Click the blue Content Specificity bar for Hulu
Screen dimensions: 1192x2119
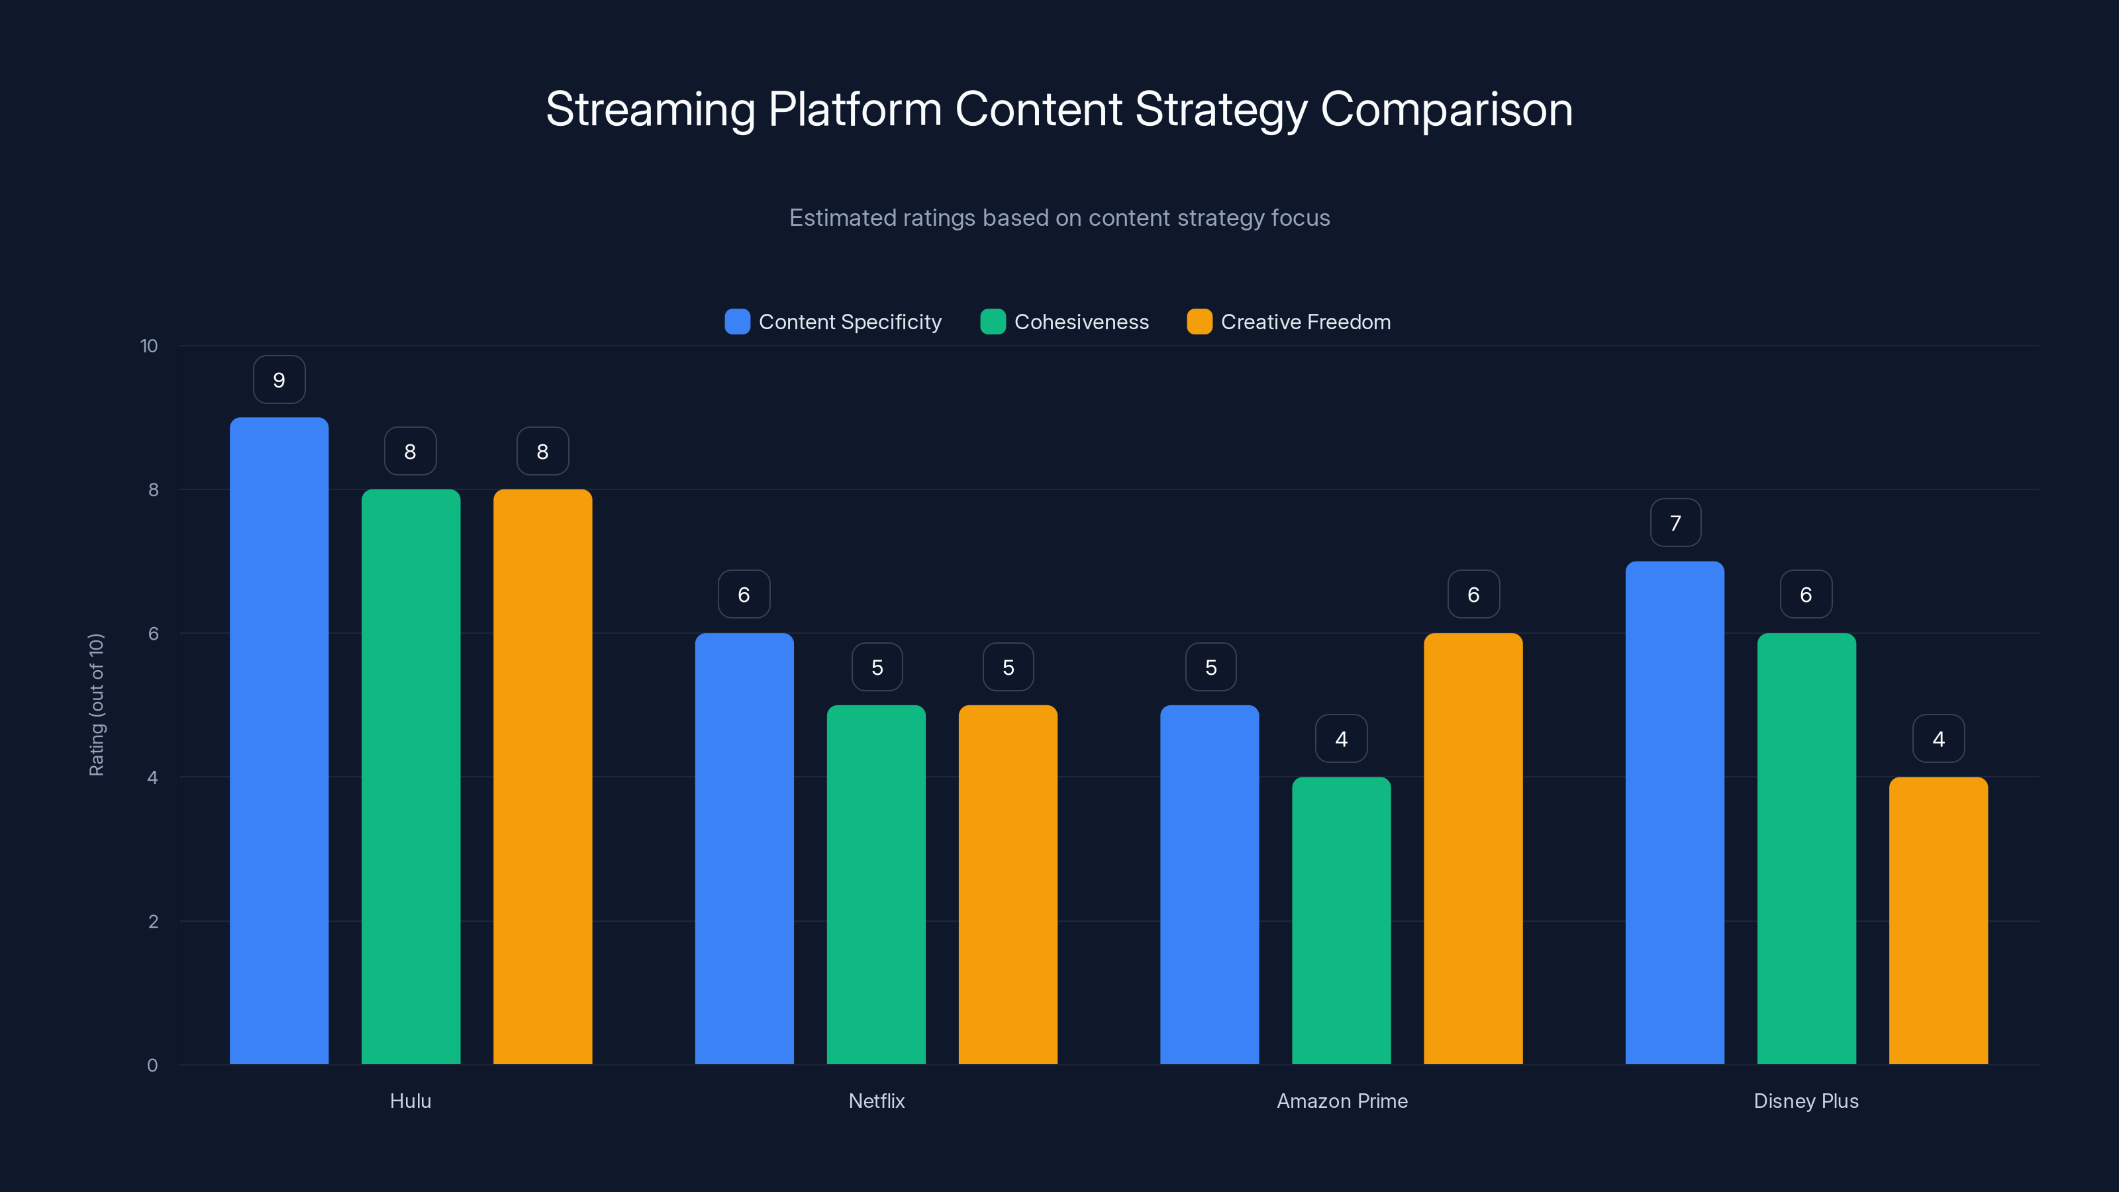point(279,740)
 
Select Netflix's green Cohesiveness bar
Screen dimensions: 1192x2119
point(876,884)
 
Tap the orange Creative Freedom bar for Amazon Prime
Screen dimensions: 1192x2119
point(1473,848)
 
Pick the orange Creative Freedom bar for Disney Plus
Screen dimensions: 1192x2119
point(1938,920)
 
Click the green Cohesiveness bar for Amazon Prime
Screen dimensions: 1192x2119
point(1341,920)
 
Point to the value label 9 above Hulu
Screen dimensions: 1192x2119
point(279,380)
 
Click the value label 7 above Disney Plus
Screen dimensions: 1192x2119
point(1675,523)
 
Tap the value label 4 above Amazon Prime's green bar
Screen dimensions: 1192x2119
point(1342,739)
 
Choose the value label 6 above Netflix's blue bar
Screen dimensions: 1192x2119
point(744,595)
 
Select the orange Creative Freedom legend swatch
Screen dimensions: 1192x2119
point(1199,322)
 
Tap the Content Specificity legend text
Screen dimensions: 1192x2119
point(850,322)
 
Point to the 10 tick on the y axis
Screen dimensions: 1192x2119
point(149,346)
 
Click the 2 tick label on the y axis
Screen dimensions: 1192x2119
point(153,921)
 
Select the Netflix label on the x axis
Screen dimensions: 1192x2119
point(876,1101)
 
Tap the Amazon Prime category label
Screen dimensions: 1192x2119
point(1342,1101)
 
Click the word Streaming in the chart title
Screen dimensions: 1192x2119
point(650,109)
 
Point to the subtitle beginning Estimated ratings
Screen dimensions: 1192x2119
point(1059,218)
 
